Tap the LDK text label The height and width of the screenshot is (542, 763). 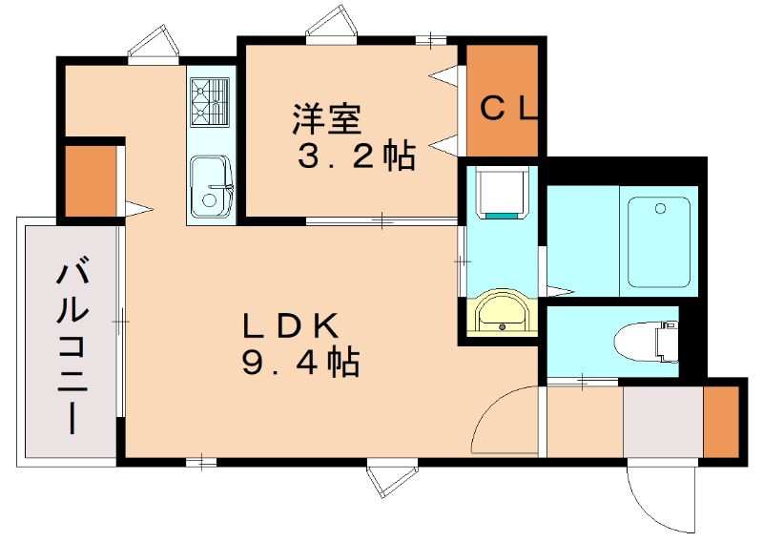click(x=290, y=326)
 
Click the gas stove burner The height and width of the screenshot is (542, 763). click(x=211, y=102)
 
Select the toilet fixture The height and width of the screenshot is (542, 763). click(x=645, y=342)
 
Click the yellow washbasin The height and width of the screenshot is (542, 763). click(x=500, y=313)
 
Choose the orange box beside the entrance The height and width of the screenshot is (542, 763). click(x=721, y=420)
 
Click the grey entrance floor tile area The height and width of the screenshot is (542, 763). click(x=663, y=420)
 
